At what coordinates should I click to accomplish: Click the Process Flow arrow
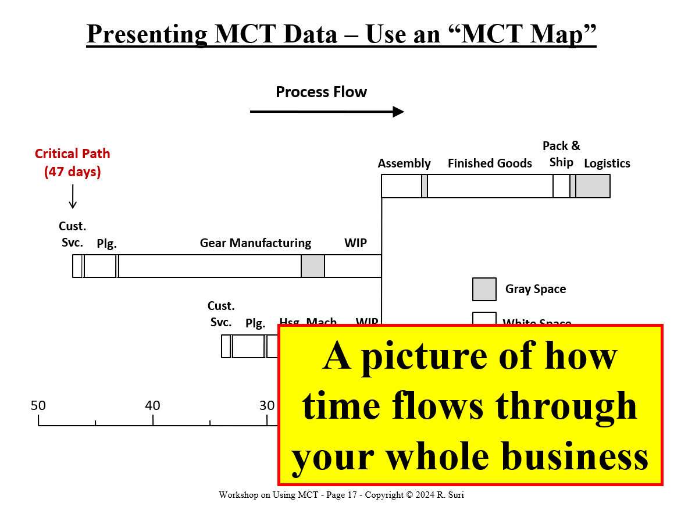pos(327,112)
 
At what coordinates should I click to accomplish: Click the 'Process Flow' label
pos(321,92)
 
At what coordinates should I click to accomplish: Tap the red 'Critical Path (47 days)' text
pos(72,163)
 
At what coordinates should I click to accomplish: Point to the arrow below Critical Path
pos(73,197)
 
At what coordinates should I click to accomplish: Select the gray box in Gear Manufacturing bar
pos(313,266)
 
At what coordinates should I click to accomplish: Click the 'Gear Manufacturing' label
pos(255,243)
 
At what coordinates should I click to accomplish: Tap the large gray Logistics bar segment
pos(593,186)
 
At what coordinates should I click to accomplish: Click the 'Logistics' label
pos(607,163)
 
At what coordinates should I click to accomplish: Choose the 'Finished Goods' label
pos(490,163)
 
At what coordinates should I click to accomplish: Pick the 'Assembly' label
pos(404,163)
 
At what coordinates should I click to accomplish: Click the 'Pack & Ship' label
pos(561,154)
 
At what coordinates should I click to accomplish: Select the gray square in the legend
pos(484,289)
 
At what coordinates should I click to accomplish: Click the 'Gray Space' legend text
pos(535,289)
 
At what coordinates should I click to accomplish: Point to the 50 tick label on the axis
pos(38,405)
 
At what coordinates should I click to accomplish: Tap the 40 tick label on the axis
pos(152,405)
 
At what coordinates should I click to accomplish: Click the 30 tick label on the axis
pos(267,405)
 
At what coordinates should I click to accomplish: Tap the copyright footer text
pos(341,495)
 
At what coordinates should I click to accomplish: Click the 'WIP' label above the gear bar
pos(355,243)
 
